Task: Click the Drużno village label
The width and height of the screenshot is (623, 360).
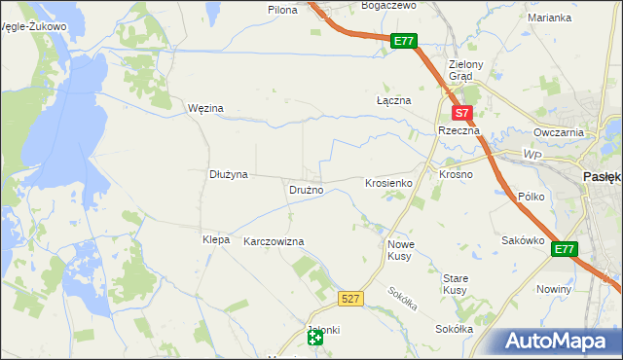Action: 306,190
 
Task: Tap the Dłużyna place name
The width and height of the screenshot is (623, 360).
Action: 230,174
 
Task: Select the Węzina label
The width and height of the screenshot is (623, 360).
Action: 205,108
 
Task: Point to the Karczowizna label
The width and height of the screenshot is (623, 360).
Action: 274,241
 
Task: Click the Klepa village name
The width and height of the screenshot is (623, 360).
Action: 215,239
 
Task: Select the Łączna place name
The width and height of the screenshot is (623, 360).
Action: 394,100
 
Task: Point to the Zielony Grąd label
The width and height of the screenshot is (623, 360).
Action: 459,70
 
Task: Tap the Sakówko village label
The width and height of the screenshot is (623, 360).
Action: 522,240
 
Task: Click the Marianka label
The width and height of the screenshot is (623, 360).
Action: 550,18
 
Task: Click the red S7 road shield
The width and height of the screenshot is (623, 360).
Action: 464,113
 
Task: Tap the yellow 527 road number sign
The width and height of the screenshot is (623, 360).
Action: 352,298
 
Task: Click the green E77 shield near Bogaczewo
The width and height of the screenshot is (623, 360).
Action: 405,42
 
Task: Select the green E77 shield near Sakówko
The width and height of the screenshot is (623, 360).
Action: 565,250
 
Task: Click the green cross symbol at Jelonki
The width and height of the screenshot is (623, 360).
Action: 314,338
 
